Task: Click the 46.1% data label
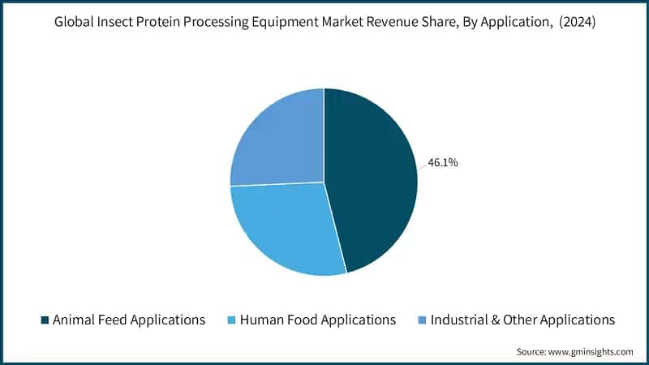[x=442, y=163]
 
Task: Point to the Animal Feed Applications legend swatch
[x=44, y=320]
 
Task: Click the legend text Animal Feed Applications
[x=128, y=320]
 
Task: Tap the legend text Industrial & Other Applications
[x=522, y=320]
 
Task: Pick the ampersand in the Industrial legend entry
[x=495, y=320]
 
